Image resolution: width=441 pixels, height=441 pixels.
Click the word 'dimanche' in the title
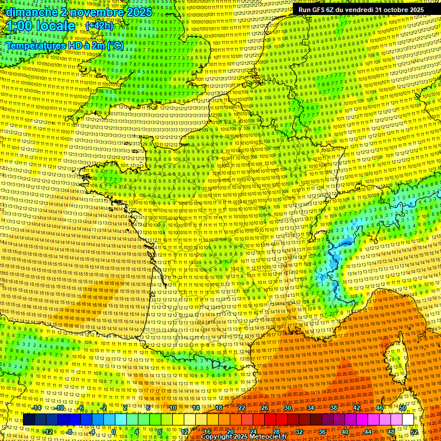pyautogui.click(x=28, y=11)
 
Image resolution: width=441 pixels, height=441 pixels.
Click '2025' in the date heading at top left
pyautogui.click(x=138, y=11)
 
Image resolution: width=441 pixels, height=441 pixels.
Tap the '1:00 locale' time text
pyautogui.click(x=39, y=26)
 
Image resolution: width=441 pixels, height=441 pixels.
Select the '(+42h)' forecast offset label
pyautogui.click(x=99, y=26)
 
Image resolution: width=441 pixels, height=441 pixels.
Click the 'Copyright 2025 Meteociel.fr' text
pyautogui.click(x=243, y=436)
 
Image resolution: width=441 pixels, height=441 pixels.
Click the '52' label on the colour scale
pyautogui.click(x=414, y=431)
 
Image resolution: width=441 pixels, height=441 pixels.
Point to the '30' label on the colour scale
pyautogui.click(x=287, y=408)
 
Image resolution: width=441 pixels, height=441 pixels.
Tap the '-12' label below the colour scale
pyautogui.click(x=48, y=431)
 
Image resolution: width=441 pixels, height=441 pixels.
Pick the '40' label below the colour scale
pyautogui.click(x=345, y=431)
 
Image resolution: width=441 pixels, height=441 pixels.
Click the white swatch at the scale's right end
pyautogui.click(x=407, y=420)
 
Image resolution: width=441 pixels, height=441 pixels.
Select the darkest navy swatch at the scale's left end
pyautogui.click(x=29, y=420)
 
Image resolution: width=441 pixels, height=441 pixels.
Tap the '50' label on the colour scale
pyautogui.click(x=403, y=408)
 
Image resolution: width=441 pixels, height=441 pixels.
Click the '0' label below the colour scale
pyautogui.click(x=114, y=431)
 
